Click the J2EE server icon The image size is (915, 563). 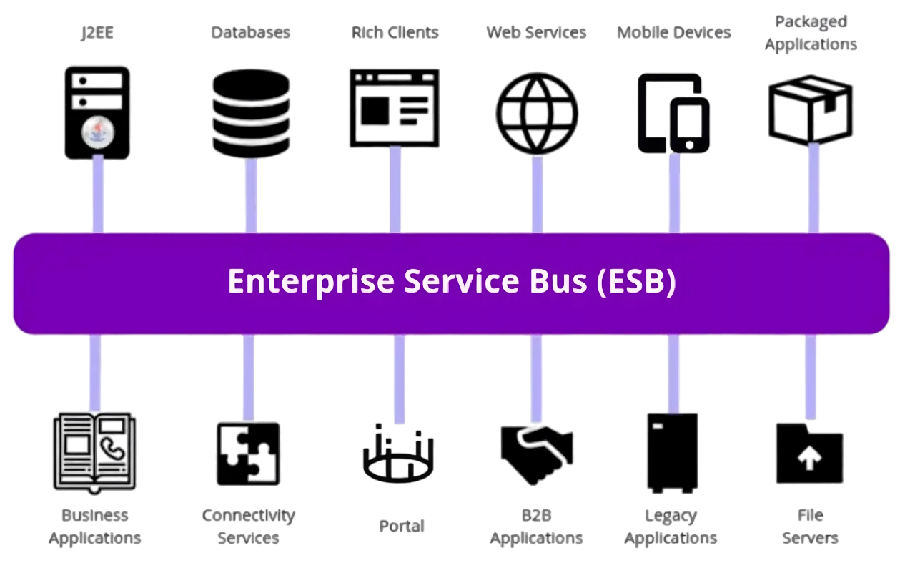97,110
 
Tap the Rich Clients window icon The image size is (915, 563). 395,107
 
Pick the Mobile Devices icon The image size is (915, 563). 673,112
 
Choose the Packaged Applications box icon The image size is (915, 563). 811,109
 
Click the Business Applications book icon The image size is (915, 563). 94,452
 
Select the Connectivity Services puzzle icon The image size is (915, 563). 248,454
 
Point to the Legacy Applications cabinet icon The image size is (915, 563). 672,453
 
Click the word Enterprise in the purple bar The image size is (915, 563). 310,281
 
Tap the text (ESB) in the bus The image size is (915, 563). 635,281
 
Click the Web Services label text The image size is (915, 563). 536,33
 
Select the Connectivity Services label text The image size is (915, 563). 248,527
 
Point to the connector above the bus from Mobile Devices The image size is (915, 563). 673,192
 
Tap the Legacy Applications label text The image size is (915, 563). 671,527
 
